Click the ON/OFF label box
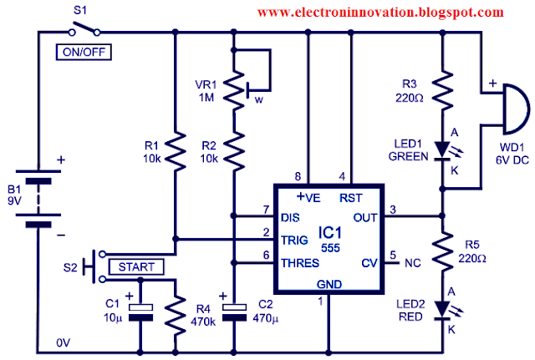(84, 52)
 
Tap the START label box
(136, 267)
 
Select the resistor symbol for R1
(176, 151)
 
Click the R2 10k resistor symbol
(234, 151)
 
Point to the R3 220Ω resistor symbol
(442, 90)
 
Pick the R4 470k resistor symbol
(176, 316)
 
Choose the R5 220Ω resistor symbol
(442, 251)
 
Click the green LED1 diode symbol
(444, 150)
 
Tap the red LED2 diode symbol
(444, 310)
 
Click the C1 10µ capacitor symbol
(140, 312)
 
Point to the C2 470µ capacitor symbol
(234, 312)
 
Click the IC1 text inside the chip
(329, 233)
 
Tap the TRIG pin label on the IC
(294, 241)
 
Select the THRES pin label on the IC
(300, 263)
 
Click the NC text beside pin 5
(413, 263)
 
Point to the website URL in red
(380, 13)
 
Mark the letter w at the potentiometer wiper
(259, 99)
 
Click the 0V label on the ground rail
(64, 342)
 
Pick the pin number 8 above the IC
(298, 176)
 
